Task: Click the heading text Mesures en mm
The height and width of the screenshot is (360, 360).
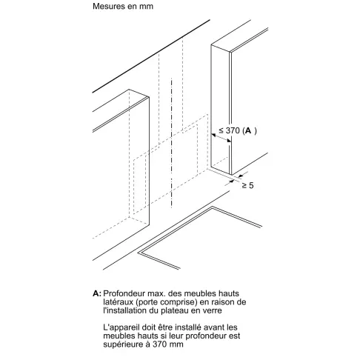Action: (x=123, y=6)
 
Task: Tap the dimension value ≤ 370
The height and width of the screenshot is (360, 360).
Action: (x=229, y=130)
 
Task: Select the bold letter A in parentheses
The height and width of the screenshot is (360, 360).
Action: (x=248, y=130)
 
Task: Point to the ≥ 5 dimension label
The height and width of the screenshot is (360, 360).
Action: (x=247, y=185)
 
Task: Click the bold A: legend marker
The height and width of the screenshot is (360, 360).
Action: (x=97, y=293)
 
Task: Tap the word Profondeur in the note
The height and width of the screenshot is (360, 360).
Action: (x=124, y=293)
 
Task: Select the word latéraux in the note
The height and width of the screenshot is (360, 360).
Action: (x=118, y=301)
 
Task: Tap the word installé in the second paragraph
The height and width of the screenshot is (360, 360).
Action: (x=187, y=327)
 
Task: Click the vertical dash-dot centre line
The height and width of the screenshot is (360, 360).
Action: (x=171, y=143)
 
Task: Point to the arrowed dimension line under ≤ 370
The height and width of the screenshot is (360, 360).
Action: (x=221, y=139)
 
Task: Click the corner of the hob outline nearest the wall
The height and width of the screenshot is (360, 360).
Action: (x=212, y=207)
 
